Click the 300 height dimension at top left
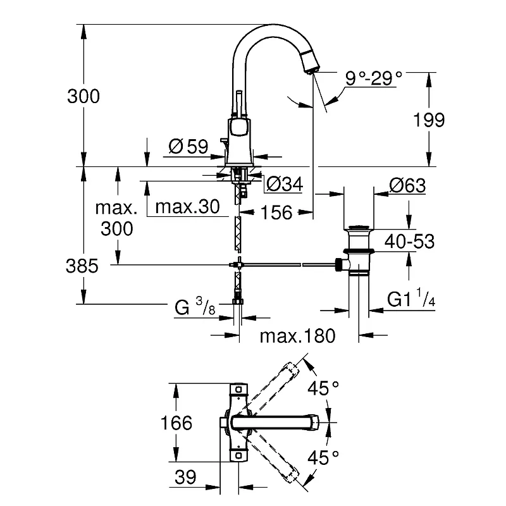pos(83,96)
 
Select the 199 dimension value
pos(429,120)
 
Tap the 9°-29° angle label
pos(374,78)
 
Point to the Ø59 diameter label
pos(188,147)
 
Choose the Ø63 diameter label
pos(407,185)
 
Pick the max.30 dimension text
pos(187,207)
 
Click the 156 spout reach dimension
pos(276,213)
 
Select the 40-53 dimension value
pos(409,242)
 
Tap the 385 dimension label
pos(82,266)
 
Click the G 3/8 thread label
pos(195,307)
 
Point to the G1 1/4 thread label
pos(411,298)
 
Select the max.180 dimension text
pos(297,336)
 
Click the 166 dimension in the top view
pos(176,423)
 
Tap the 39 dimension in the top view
pos(185,477)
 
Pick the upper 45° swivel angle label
pos(323,388)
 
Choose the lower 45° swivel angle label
pos(323,457)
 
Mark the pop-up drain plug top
pos(359,228)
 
